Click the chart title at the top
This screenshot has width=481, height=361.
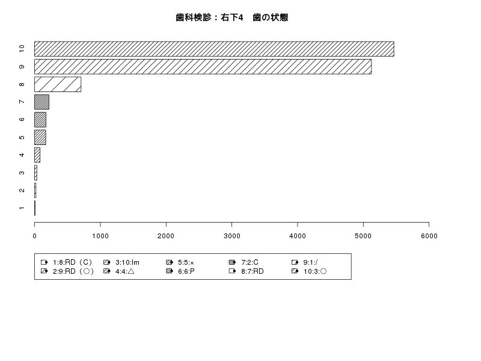pos(232,17)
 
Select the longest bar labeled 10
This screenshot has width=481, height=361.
pos(214,49)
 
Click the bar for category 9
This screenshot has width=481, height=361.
pos(203,67)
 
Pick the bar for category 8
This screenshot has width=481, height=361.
pos(58,84)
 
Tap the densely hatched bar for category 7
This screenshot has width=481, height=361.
pos(41,102)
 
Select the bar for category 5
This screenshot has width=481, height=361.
pos(40,137)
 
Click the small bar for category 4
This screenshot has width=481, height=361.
pos(37,155)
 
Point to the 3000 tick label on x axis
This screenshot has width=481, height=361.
pos(232,236)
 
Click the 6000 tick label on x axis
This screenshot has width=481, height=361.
pos(429,236)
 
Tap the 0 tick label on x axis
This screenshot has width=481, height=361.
pos(35,236)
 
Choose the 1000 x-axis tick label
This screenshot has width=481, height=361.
pos(100,236)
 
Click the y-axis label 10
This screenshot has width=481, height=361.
pos(22,49)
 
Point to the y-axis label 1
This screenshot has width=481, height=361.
pos(22,208)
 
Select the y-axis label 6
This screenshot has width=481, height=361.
pos(22,119)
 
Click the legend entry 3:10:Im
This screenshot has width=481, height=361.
pos(121,262)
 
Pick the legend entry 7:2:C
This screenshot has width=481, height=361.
pos(244,262)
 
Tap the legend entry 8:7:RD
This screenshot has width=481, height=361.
pos(247,271)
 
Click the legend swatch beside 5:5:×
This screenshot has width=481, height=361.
pos(170,262)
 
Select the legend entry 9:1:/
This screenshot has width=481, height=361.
pos(305,262)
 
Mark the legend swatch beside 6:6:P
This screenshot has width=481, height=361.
pos(170,271)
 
